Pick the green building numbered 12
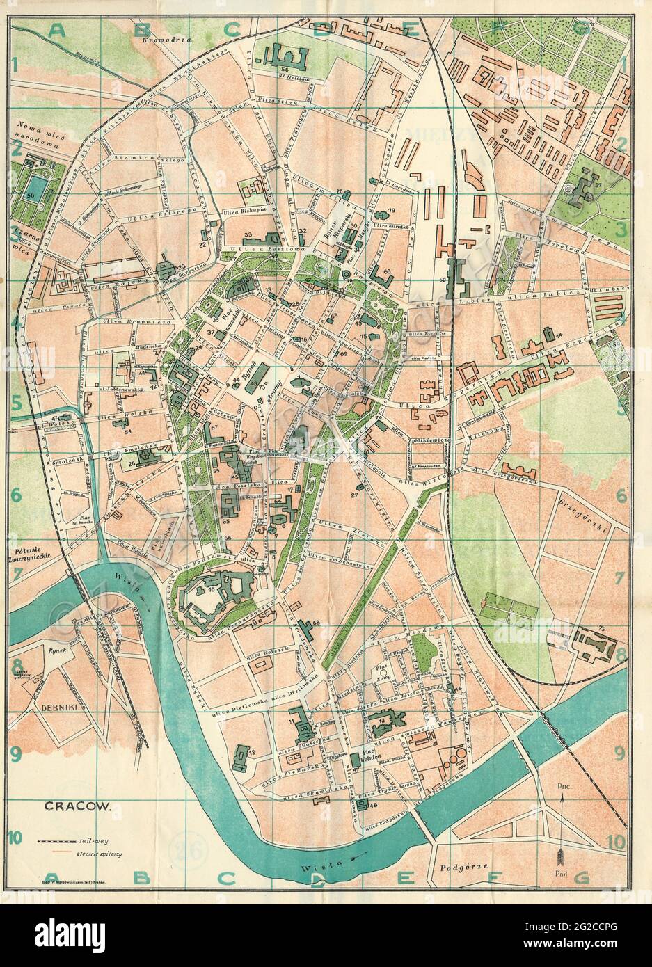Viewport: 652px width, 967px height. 240,756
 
